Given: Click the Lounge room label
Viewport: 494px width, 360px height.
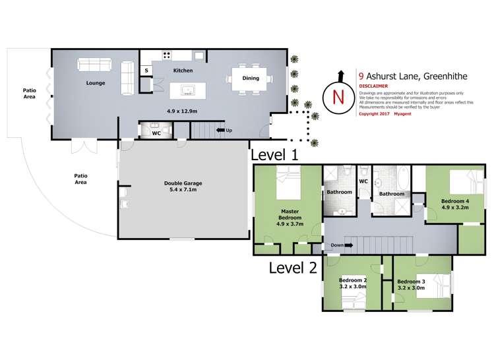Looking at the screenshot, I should point(96,84).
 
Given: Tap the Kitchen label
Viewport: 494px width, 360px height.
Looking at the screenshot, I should point(183,70).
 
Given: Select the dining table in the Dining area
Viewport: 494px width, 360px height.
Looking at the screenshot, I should point(251,78).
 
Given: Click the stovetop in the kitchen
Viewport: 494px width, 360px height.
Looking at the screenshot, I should point(167,55).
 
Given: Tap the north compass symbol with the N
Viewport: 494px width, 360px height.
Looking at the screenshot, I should point(338,97).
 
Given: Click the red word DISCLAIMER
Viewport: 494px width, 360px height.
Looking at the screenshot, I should point(373,86).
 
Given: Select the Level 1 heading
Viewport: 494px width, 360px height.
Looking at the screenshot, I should point(274,156).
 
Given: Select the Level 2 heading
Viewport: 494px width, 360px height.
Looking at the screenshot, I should point(293,268).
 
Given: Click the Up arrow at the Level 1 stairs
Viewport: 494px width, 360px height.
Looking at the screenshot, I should point(225,131).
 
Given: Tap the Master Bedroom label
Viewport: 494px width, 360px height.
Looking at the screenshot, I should point(288,217).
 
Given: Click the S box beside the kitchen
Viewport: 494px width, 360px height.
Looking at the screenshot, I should point(146,70).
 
